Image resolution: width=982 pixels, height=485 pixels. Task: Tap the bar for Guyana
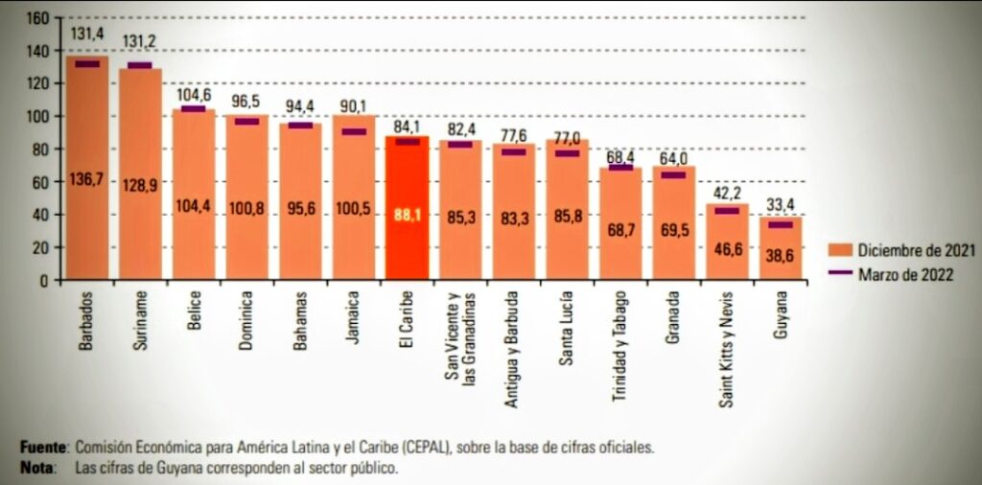click(781, 249)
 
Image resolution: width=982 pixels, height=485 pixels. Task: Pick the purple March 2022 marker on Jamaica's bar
click(354, 131)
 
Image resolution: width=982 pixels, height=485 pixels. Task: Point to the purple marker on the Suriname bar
click(140, 65)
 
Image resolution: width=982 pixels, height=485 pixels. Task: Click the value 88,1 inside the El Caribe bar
click(408, 217)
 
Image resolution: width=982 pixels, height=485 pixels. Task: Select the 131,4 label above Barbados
click(87, 34)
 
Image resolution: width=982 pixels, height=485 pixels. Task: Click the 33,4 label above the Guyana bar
click(781, 201)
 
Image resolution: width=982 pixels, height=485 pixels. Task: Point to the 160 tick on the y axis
click(37, 18)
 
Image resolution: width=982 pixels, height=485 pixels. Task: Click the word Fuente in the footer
click(44, 448)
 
